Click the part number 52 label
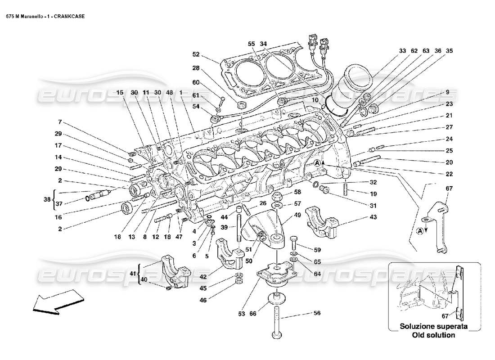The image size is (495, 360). point(196,54)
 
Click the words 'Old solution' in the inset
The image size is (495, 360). point(434,335)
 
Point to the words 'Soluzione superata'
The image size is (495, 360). point(434,326)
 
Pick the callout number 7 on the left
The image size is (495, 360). point(59,122)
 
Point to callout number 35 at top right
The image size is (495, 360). point(448,51)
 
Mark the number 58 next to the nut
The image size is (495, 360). point(297,192)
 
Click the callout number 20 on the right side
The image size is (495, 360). point(449,162)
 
